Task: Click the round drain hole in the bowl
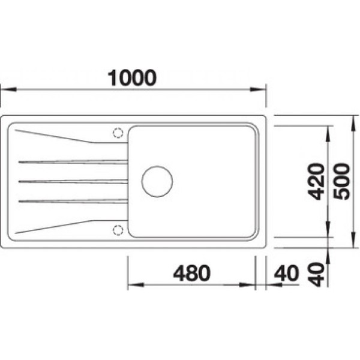[x=157, y=181]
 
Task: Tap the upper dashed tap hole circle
[x=118, y=133]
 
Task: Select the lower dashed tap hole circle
[x=118, y=229]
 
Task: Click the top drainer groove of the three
[x=72, y=161]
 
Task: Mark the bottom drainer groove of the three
[x=72, y=200]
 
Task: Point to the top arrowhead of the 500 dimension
[x=352, y=120]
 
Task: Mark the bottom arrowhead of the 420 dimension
[x=328, y=232]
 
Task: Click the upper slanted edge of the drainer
[x=54, y=136]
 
